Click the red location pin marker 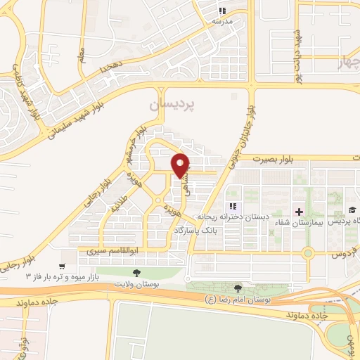181,165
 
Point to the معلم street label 84,56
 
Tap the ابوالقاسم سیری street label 105,249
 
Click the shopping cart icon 63,266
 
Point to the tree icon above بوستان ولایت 136,273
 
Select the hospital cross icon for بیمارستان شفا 300,211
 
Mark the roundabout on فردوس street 307,252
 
